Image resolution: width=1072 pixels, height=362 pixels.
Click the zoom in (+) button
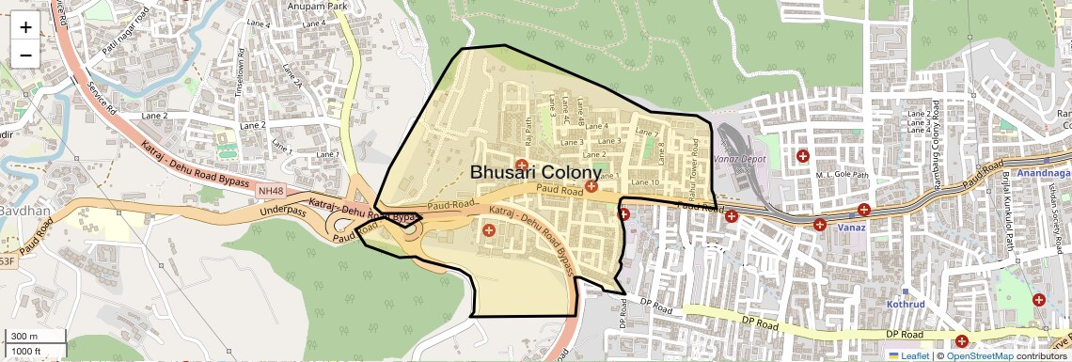tap(25, 26)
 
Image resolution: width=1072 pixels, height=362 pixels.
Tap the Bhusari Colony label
tap(534, 173)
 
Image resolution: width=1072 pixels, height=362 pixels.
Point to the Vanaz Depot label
tap(741, 160)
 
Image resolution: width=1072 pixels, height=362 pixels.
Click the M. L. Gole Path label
tap(840, 175)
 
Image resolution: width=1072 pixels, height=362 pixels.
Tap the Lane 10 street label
tap(645, 181)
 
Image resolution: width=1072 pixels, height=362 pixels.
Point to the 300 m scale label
tap(24, 337)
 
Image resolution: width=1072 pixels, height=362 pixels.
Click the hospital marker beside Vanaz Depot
tap(802, 156)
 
